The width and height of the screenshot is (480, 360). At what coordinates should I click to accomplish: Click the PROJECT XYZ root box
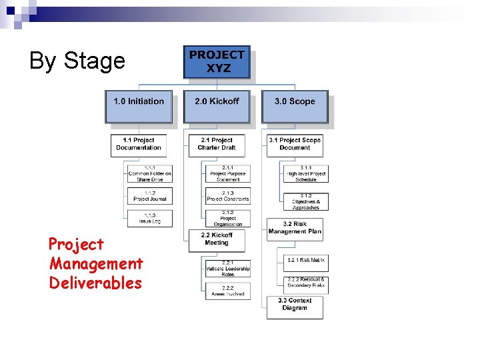point(217,62)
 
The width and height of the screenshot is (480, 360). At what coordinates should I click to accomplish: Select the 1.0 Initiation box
point(139,106)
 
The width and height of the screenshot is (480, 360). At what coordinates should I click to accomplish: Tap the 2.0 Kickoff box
point(217,106)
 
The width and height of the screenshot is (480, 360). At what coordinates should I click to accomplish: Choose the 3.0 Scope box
point(295,106)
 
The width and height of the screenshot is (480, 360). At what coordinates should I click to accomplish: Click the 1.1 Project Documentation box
point(139,145)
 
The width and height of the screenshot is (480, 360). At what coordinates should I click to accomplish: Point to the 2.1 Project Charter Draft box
point(217,145)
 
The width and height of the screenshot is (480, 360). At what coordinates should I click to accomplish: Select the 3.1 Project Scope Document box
point(295,145)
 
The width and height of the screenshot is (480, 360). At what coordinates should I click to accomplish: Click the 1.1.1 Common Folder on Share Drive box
point(150,174)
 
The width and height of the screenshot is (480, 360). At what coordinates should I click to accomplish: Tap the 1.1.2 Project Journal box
point(150,196)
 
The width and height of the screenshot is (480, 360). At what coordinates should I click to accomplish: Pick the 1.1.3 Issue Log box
point(150,218)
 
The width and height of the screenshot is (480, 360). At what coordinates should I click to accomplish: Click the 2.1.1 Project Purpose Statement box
point(228,174)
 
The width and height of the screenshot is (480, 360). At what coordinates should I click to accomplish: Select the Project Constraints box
point(228,196)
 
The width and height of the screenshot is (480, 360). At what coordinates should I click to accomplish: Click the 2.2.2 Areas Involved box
point(228,291)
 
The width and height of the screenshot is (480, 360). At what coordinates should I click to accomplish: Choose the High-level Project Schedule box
point(306,174)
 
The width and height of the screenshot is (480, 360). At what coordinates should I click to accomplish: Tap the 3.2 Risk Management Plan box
point(295,229)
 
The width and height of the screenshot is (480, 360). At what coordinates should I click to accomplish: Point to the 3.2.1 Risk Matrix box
point(306,261)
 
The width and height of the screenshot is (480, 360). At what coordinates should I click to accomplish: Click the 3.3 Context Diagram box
point(295,307)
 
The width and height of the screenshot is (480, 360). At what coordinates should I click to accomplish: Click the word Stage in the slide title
point(95,61)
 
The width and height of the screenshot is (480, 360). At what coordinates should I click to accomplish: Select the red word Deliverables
point(95,283)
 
